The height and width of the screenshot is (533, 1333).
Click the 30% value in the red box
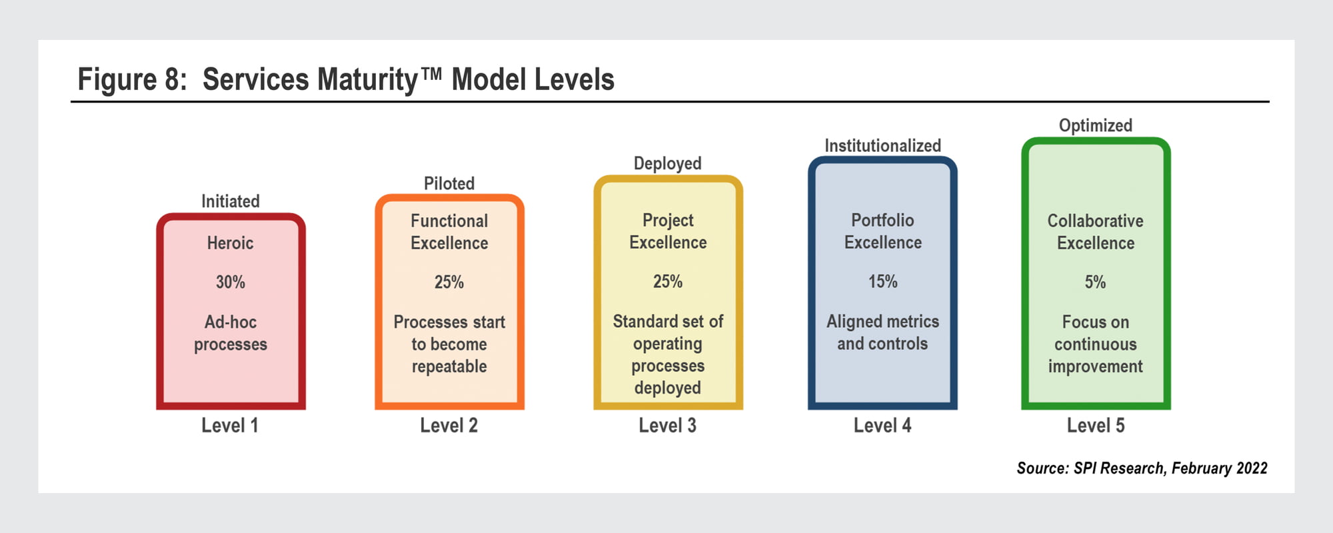click(x=231, y=282)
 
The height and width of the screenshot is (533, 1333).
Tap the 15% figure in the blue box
click(x=882, y=282)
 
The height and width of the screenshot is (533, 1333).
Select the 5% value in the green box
click(x=1095, y=282)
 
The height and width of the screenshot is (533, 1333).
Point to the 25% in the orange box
click(x=449, y=282)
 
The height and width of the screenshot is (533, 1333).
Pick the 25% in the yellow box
click(x=668, y=282)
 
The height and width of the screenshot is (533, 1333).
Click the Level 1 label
click(x=230, y=425)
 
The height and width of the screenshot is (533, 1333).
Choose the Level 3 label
click(x=668, y=425)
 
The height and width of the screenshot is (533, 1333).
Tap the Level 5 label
click(x=1096, y=425)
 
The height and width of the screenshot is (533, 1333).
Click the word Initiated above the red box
click(x=231, y=201)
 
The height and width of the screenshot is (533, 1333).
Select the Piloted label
click(x=449, y=183)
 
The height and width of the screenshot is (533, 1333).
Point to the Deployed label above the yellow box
click(x=668, y=164)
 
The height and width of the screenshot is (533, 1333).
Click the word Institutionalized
click(x=882, y=145)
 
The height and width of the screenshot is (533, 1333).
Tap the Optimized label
click(x=1096, y=126)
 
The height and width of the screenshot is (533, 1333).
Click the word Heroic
click(x=231, y=243)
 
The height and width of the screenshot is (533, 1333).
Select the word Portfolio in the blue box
click(x=882, y=220)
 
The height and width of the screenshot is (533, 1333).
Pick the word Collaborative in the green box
click(x=1095, y=221)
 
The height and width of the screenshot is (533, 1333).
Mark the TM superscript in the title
click(x=431, y=73)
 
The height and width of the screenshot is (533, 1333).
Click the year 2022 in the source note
click(x=1252, y=468)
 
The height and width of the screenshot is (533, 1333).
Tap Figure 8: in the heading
click(x=133, y=80)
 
